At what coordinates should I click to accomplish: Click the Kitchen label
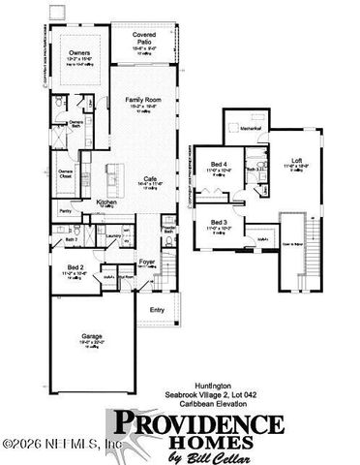click(x=106, y=201)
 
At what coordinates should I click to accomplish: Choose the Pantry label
click(x=66, y=209)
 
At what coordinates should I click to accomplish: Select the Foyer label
click(x=146, y=261)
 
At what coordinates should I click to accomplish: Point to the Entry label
click(x=157, y=309)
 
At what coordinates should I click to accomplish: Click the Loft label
click(x=298, y=160)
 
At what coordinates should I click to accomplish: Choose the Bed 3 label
click(x=220, y=222)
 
